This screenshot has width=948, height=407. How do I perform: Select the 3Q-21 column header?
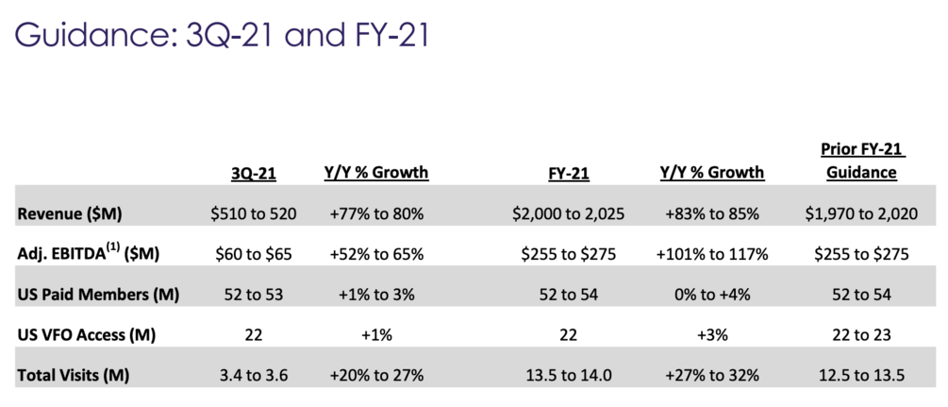255,174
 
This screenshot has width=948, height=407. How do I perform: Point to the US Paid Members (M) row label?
98,294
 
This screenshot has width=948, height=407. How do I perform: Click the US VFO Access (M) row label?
86,334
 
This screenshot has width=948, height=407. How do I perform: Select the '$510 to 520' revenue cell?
255,213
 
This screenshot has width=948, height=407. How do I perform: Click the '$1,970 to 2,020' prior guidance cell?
861,213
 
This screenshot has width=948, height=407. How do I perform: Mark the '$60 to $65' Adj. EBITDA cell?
255,254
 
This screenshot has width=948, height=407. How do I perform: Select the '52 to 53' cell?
255,294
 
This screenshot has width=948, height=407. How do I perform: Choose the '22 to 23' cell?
861,334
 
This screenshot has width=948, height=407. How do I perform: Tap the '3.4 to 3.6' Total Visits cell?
255,374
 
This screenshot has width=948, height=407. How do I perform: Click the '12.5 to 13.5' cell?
861,374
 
